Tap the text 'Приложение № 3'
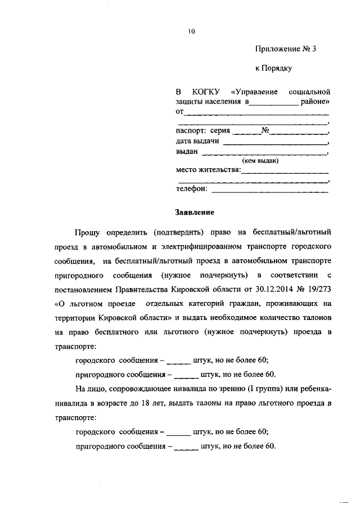click(x=285, y=49)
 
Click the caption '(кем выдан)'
click(x=260, y=161)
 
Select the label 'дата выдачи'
click(x=197, y=141)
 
